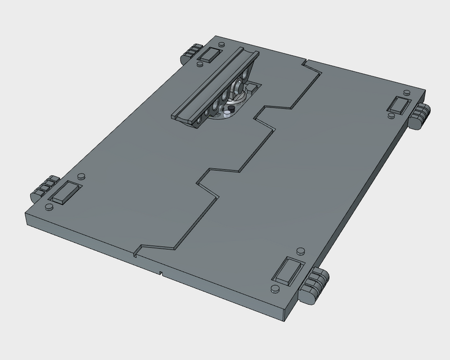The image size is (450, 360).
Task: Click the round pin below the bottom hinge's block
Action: [274, 289]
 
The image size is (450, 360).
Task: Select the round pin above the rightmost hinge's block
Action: [406, 91]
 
